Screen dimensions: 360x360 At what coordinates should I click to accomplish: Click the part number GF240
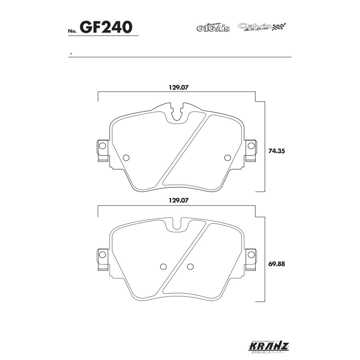106,27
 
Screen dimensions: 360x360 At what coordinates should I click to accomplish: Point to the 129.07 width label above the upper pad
177,87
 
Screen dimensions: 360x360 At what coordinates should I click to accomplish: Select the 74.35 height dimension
276,152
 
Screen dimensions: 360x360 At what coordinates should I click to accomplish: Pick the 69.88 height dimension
276,264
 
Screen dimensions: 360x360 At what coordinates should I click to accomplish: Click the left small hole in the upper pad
126,157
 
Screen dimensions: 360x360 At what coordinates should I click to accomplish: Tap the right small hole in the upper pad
228,157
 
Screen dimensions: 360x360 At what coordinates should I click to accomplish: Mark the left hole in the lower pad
163,267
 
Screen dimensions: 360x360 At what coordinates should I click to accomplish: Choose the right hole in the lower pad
190,267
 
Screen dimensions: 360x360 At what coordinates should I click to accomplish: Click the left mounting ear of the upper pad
102,151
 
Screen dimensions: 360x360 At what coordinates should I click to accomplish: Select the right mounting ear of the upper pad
251,151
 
